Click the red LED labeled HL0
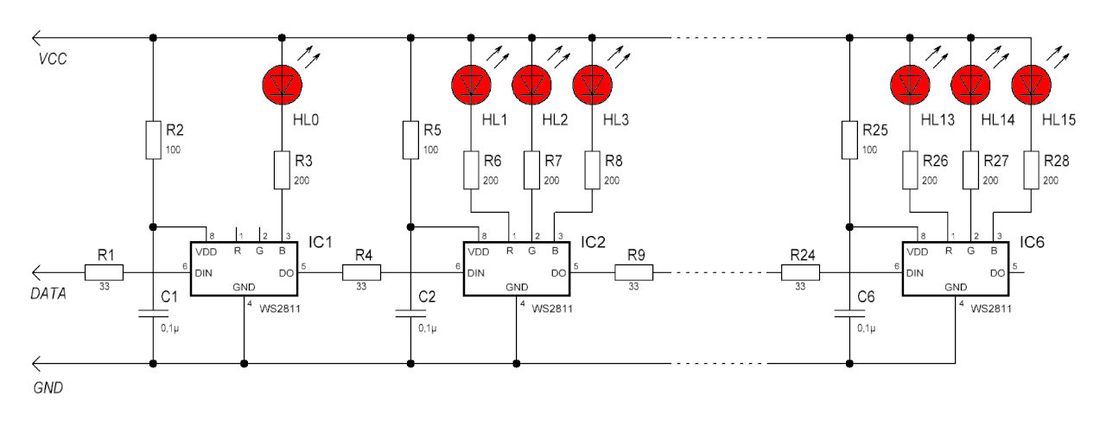coord(282,85)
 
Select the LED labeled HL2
coord(531,85)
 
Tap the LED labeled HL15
coord(1031,85)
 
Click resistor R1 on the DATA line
coord(104,272)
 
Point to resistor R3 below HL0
coord(282,170)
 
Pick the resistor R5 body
coord(410,140)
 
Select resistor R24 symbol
coord(800,272)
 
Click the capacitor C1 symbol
coord(153,313)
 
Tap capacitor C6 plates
coord(849,313)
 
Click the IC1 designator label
coord(320,242)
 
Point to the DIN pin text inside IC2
coord(476,273)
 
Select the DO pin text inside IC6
coord(997,273)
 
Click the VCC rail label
coord(53,60)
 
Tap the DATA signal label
coord(48,294)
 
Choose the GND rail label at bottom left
coord(48,388)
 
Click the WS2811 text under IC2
coord(552,309)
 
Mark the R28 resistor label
coord(1056,161)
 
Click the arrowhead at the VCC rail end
coord(35,37)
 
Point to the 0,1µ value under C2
coord(427,328)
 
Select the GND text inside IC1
coord(244,287)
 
